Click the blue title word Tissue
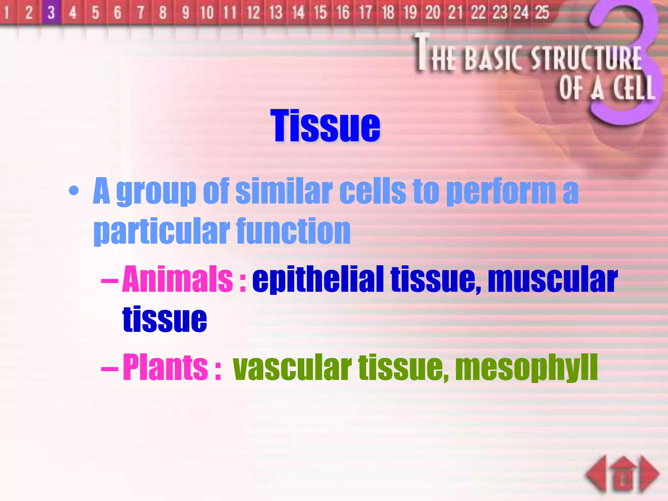point(325,126)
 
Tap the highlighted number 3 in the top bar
point(51,13)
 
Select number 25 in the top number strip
point(542,13)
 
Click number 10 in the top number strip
point(207,13)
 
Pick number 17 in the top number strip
point(366,13)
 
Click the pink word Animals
point(177,279)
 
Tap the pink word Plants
point(165,367)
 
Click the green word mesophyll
point(526,367)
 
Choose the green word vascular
point(292,367)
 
